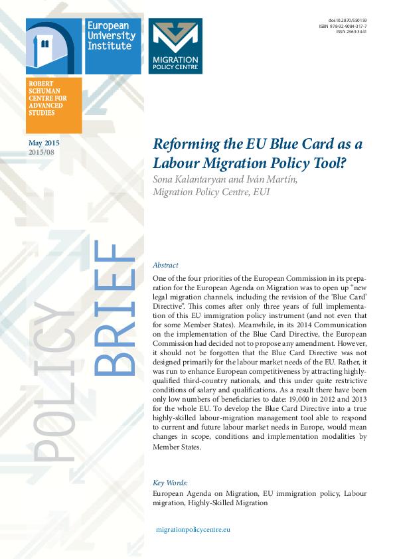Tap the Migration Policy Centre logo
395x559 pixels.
coord(175,46)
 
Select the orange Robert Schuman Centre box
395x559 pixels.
coord(54,105)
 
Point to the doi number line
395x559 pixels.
coord(347,20)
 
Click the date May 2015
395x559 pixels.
coord(44,143)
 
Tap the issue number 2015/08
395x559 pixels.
coord(42,152)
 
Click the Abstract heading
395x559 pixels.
coord(165,265)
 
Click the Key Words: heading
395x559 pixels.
coord(171,483)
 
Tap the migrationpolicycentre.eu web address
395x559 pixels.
coord(193,530)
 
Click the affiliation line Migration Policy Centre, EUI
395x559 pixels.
coord(211,192)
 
